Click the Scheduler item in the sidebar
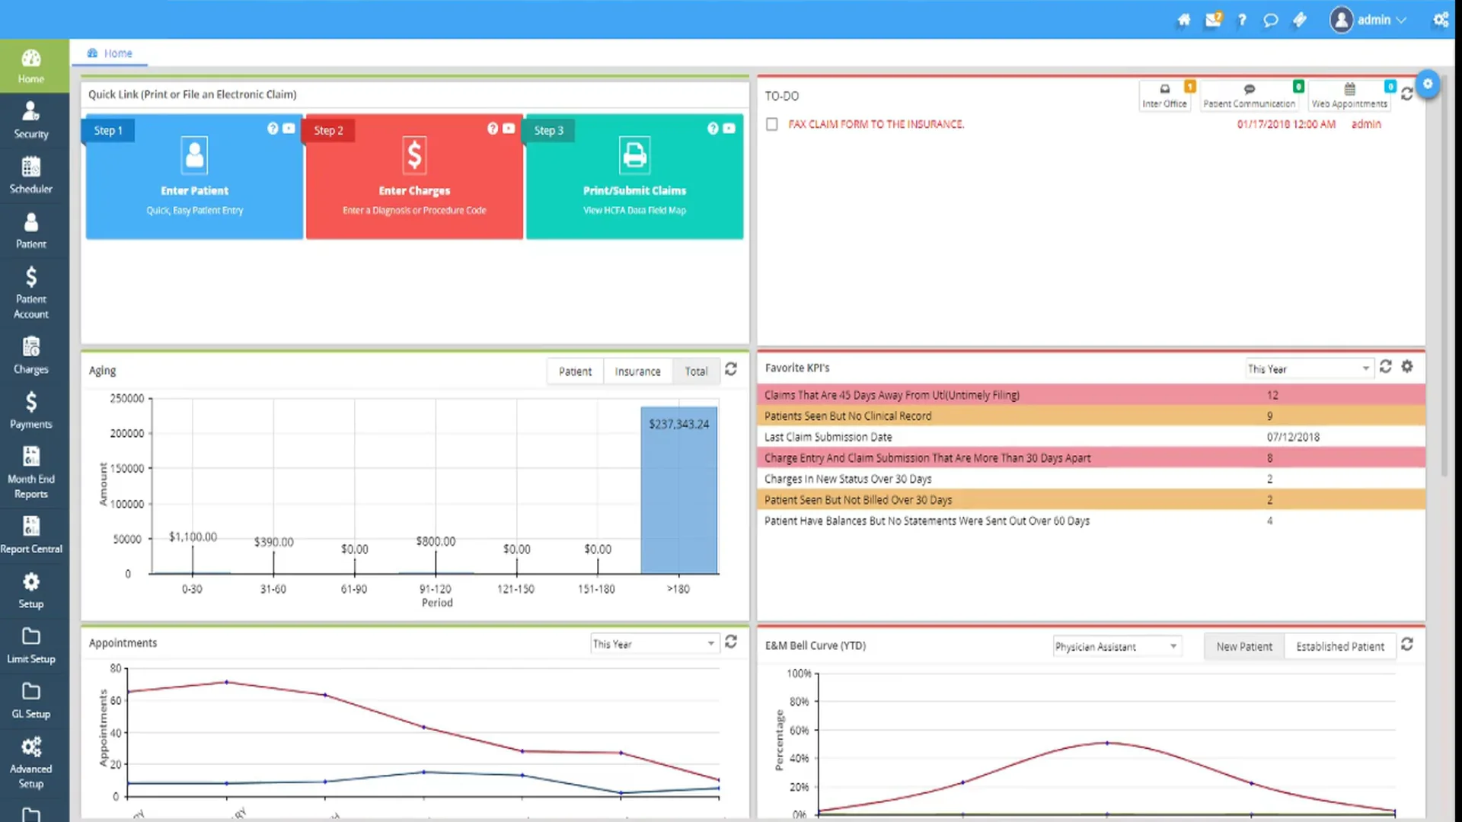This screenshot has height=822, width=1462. (30, 176)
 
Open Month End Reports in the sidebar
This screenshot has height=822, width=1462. (30, 473)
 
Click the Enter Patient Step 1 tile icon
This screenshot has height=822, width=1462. (194, 155)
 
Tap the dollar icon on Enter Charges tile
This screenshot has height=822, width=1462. (413, 155)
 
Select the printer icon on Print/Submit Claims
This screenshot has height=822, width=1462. (634, 155)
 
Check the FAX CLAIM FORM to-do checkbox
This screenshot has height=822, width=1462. (771, 124)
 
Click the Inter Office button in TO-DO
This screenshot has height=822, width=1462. (1164, 96)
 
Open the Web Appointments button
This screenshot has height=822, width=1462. (1349, 96)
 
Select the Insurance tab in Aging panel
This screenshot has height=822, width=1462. (637, 371)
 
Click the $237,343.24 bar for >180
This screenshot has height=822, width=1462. (678, 495)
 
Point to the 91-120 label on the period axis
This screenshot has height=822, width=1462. (436, 589)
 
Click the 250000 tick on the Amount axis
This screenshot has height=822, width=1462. (126, 398)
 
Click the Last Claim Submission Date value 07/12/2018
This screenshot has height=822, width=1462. (1293, 437)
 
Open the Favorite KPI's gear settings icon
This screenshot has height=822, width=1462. (1407, 367)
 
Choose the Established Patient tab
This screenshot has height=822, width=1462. (1339, 646)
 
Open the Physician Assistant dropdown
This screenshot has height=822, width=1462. (1116, 646)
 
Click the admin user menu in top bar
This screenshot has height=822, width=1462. (1368, 20)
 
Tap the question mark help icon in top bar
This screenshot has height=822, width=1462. (1242, 20)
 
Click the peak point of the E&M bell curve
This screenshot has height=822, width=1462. (1106, 743)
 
